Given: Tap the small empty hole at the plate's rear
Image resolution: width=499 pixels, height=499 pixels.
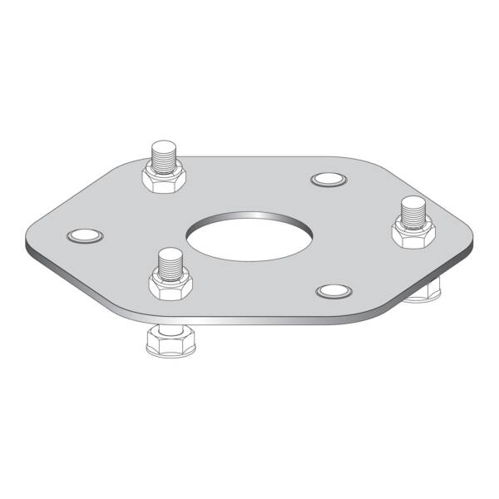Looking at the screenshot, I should pyautogui.click(x=327, y=180).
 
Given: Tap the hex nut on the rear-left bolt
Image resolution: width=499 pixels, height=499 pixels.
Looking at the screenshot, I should pyautogui.click(x=163, y=178).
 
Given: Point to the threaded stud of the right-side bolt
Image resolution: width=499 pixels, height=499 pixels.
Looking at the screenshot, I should pyautogui.click(x=413, y=213).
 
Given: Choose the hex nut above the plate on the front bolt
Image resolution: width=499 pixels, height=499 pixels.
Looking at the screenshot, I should pyautogui.click(x=170, y=285).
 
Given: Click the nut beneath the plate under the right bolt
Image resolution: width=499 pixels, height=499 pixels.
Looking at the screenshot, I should pyautogui.click(x=424, y=290).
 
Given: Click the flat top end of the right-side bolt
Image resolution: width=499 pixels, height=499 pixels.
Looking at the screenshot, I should pyautogui.click(x=413, y=202).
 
